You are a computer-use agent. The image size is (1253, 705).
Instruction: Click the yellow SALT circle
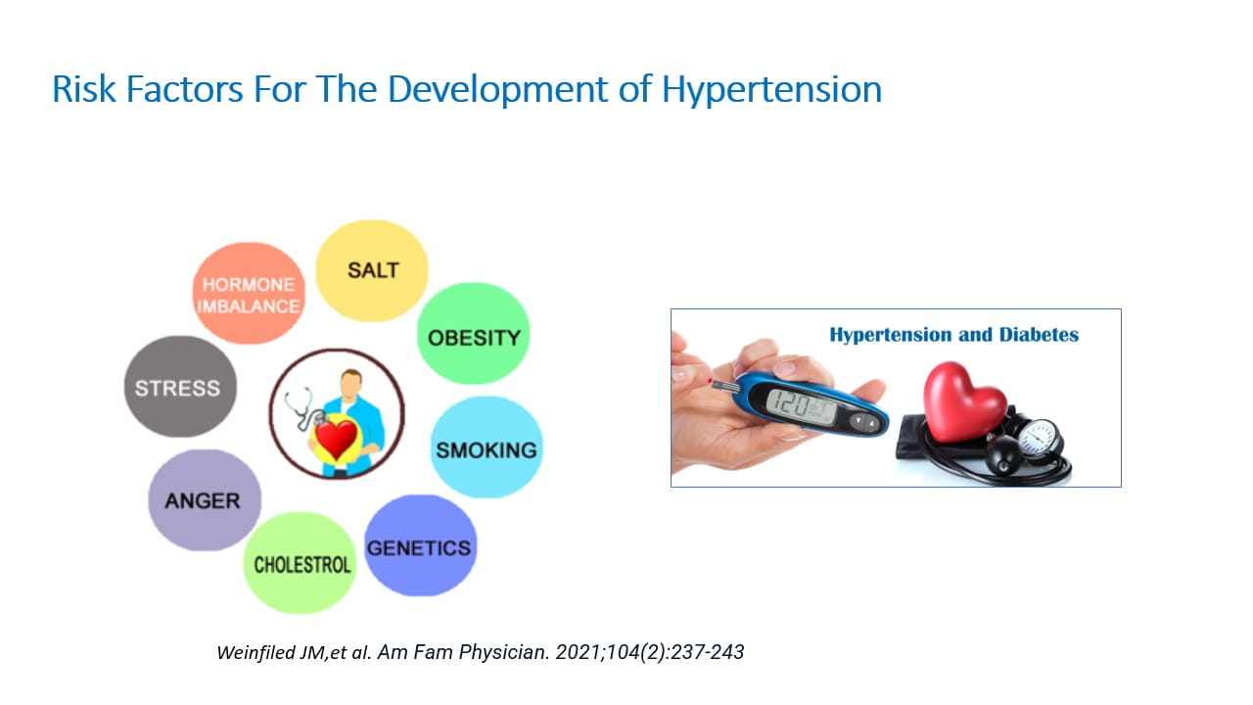(372, 271)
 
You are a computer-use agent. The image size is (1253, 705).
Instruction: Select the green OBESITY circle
(473, 334)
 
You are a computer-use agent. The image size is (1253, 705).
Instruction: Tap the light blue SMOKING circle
(487, 447)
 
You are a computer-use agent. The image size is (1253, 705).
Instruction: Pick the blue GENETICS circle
(421, 545)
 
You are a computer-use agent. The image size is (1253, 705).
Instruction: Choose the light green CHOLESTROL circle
(300, 563)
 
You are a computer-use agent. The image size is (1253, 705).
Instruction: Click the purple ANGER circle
(205, 500)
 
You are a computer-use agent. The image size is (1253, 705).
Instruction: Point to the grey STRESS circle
(180, 387)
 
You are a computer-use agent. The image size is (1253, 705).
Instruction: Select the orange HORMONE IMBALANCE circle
(249, 293)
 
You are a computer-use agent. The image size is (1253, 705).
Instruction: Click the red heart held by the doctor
(336, 440)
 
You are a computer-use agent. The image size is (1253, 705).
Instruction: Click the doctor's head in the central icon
(351, 385)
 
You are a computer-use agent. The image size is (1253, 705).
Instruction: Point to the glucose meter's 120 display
(801, 406)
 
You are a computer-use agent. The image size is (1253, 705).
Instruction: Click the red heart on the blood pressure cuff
(963, 401)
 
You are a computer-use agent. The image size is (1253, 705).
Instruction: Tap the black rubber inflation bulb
(1003, 456)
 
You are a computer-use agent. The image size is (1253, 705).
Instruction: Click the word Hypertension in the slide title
(771, 89)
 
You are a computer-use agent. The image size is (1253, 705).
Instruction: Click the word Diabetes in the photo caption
(1039, 335)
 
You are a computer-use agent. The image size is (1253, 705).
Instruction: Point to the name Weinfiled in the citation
(256, 652)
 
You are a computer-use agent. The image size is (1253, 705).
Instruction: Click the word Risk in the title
(84, 89)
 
